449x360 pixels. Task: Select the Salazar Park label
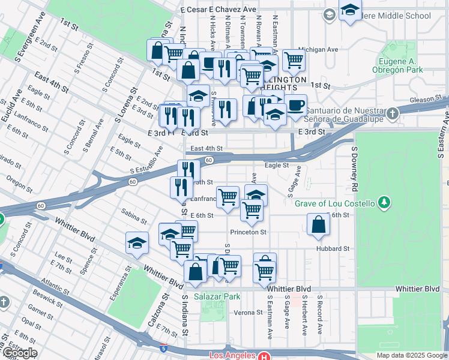tap(217, 296)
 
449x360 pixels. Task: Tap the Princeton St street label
tap(247, 232)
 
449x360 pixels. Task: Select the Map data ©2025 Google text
tap(411, 355)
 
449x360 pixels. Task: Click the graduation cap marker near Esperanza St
tap(137, 244)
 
